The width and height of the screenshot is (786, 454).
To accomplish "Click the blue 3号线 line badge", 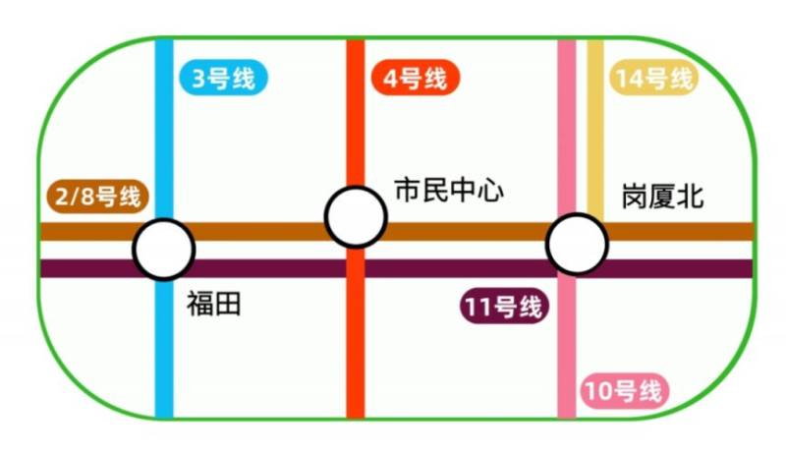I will coord(224,78).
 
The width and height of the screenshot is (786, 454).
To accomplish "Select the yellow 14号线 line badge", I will coord(653,79).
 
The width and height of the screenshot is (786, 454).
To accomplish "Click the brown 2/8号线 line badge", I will coord(97,197).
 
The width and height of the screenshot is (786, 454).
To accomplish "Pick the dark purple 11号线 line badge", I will coord(502,307).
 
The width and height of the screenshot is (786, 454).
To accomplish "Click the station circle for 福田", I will coord(164,250).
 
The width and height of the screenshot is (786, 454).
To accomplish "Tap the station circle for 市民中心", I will coord(355,217).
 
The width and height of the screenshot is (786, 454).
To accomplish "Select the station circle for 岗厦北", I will coord(577,245).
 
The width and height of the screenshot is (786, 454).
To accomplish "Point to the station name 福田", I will coord(213,305).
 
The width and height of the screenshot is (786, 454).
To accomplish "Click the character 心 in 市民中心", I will coord(490,190).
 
